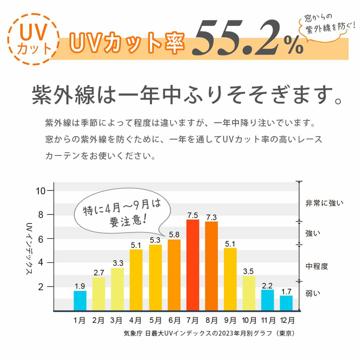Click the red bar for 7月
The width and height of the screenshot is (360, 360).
tap(192, 265)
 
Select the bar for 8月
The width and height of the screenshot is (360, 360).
tap(211, 266)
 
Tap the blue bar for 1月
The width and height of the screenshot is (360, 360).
tap(80, 301)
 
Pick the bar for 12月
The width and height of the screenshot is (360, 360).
tap(286, 303)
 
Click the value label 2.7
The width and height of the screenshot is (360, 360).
tap(99, 273)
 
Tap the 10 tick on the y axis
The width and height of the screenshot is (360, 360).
tap(41, 191)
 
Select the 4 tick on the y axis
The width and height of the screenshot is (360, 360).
tap(41, 263)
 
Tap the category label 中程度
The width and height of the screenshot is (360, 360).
tap(317, 266)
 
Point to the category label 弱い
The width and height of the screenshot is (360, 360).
tap(313, 294)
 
